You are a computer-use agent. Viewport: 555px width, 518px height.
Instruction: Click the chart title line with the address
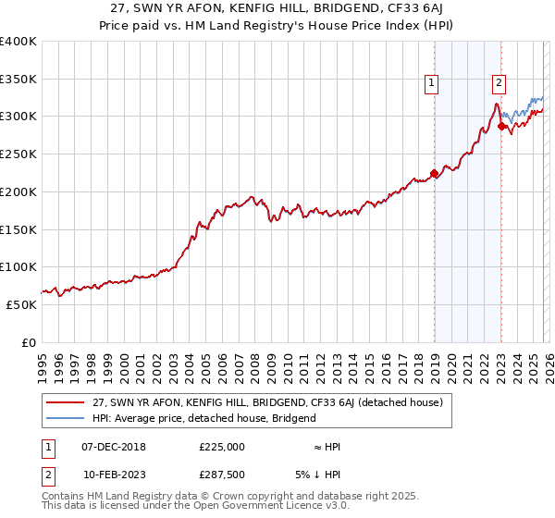(277, 8)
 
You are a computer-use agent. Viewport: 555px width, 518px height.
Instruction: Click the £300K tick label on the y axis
(18, 117)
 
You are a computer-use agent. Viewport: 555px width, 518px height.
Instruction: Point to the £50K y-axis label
(21, 304)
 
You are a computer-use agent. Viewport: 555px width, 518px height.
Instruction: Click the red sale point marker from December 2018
(434, 172)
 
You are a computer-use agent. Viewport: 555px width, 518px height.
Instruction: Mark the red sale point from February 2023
(501, 126)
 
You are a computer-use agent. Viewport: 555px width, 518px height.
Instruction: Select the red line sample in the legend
(66, 403)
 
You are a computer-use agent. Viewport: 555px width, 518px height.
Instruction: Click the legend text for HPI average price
(204, 418)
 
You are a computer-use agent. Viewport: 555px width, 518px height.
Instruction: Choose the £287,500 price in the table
(222, 475)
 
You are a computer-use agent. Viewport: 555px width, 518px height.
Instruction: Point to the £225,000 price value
(222, 447)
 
